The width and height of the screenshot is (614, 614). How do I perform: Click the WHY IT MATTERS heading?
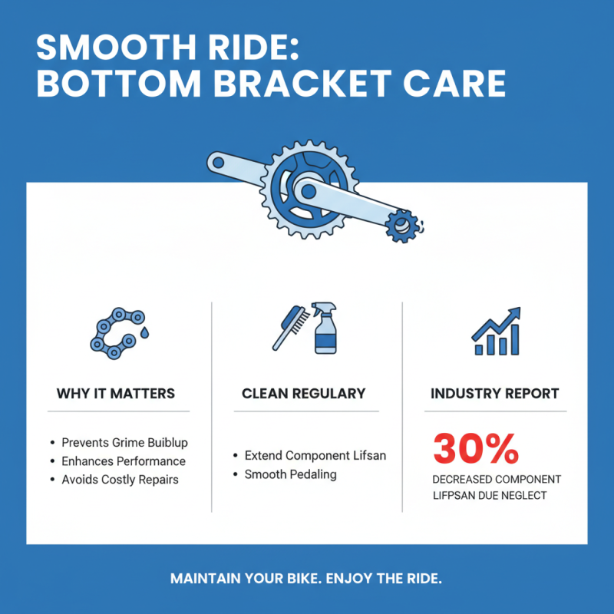(116, 394)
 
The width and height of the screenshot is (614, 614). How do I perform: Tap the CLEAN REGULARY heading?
(303, 394)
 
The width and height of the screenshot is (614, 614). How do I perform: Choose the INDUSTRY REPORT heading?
(495, 394)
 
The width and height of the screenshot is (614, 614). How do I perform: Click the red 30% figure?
(476, 450)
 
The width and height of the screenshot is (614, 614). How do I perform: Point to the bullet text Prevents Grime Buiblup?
(124, 443)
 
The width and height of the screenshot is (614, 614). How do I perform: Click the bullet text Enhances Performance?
(124, 461)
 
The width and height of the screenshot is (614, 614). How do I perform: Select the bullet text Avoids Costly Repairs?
(120, 480)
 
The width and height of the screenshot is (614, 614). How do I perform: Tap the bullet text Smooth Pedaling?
(290, 474)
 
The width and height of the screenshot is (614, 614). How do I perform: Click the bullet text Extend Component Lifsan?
(315, 456)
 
